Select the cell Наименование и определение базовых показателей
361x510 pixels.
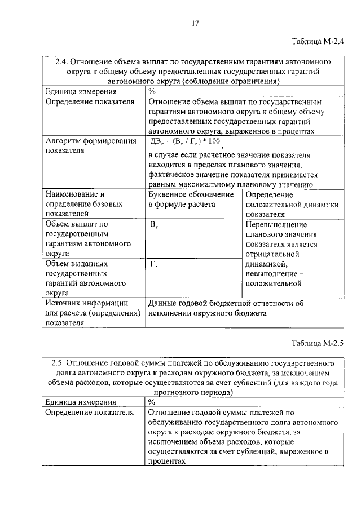coord(76,204)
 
